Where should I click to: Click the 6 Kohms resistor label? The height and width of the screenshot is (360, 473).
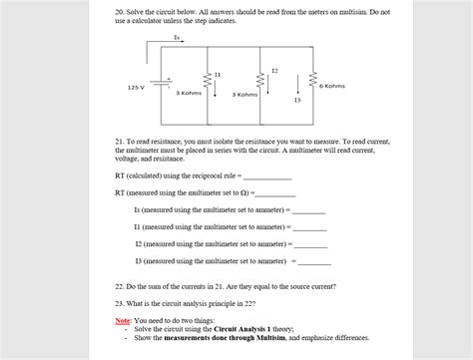[x=332, y=86]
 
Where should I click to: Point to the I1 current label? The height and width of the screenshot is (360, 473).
[x=218, y=76]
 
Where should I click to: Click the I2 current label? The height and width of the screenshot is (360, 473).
[x=274, y=70]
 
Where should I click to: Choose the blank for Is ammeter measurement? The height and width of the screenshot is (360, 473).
[x=308, y=210]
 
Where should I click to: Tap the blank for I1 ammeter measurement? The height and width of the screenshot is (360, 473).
[x=309, y=227]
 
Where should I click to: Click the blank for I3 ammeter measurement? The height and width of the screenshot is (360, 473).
[x=315, y=261]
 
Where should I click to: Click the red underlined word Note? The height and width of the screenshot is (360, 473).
[x=123, y=320]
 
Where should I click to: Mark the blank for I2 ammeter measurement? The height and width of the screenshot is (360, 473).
[x=310, y=244]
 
